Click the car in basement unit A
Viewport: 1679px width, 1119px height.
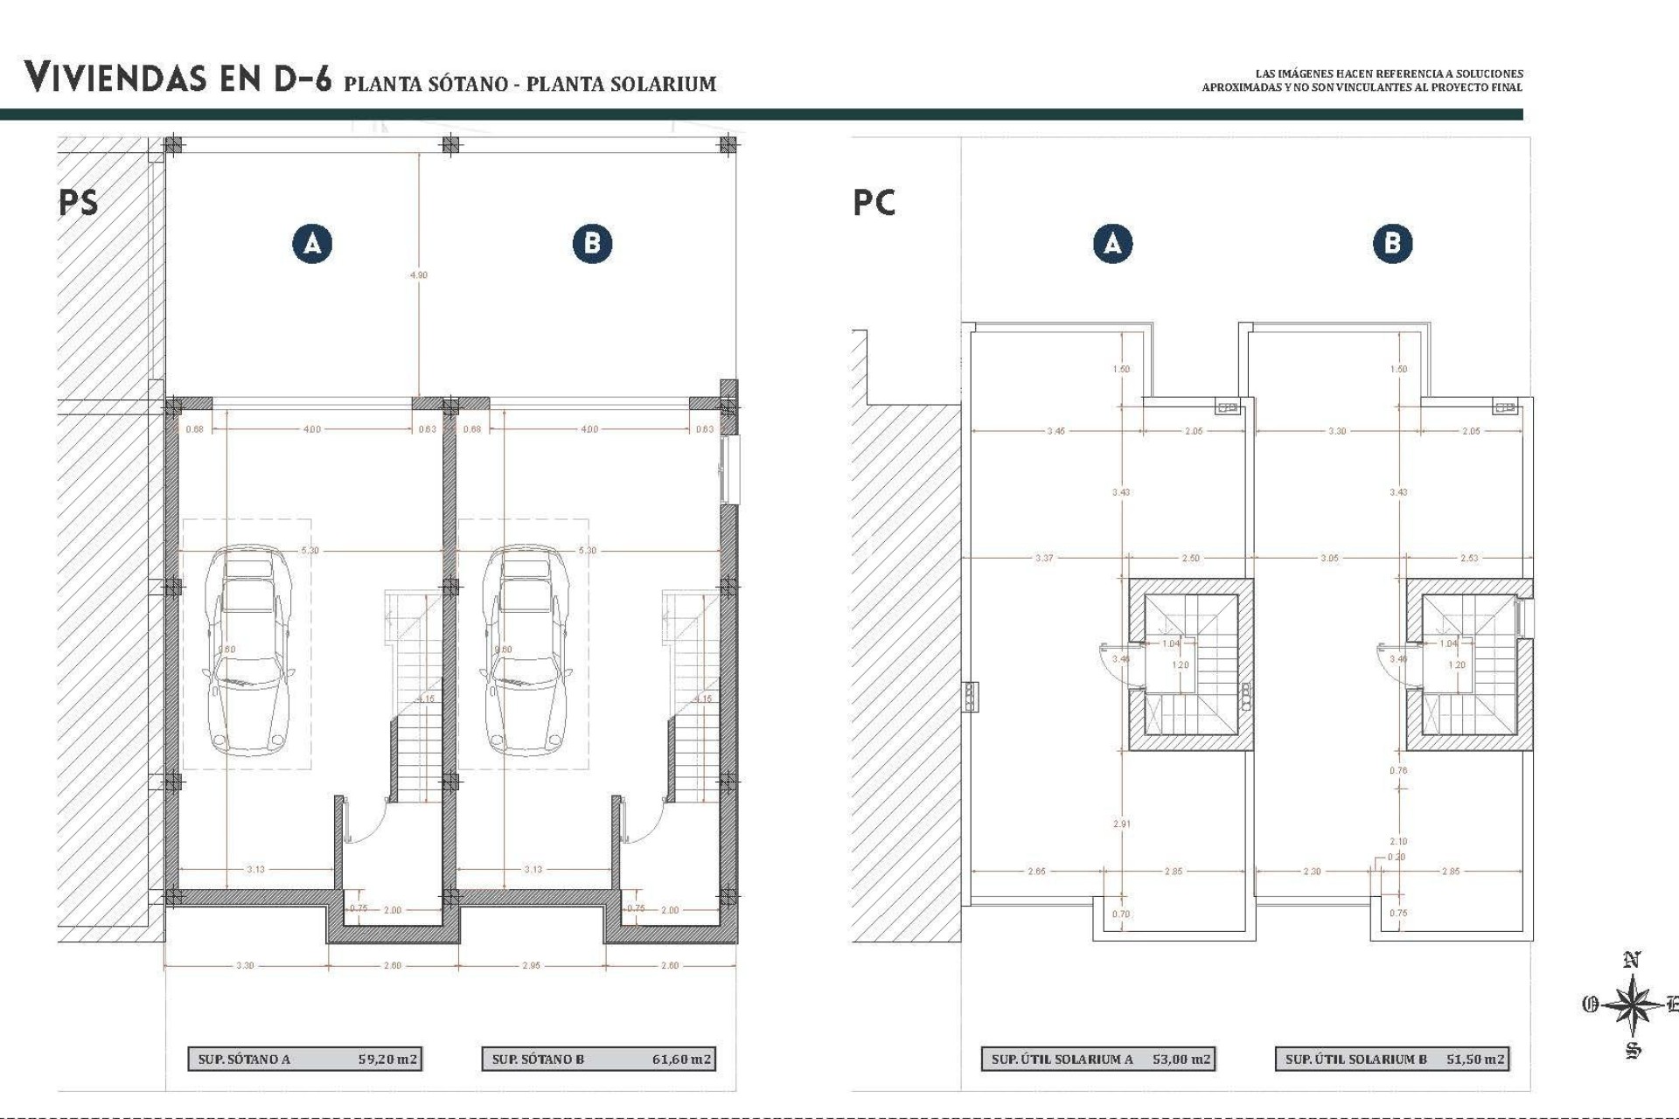pyautogui.click(x=247, y=651)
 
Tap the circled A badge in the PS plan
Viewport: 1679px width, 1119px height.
pyautogui.click(x=312, y=243)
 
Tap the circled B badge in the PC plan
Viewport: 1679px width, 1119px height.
pyautogui.click(x=1392, y=243)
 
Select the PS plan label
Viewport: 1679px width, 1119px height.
pyautogui.click(x=79, y=203)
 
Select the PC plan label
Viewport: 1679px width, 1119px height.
pyautogui.click(x=874, y=203)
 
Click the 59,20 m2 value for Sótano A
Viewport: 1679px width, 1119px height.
pyautogui.click(x=387, y=1060)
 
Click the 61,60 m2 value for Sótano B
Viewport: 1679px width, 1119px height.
pyautogui.click(x=681, y=1060)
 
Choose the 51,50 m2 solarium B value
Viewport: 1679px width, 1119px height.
pyautogui.click(x=1475, y=1060)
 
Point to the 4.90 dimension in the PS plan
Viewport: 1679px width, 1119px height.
pyautogui.click(x=419, y=275)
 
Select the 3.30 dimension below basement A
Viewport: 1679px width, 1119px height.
pyautogui.click(x=245, y=965)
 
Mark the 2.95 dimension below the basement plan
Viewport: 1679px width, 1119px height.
pyautogui.click(x=531, y=965)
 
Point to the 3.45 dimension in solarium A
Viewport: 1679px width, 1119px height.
pyautogui.click(x=1055, y=431)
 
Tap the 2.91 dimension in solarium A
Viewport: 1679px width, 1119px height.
pyautogui.click(x=1121, y=824)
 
